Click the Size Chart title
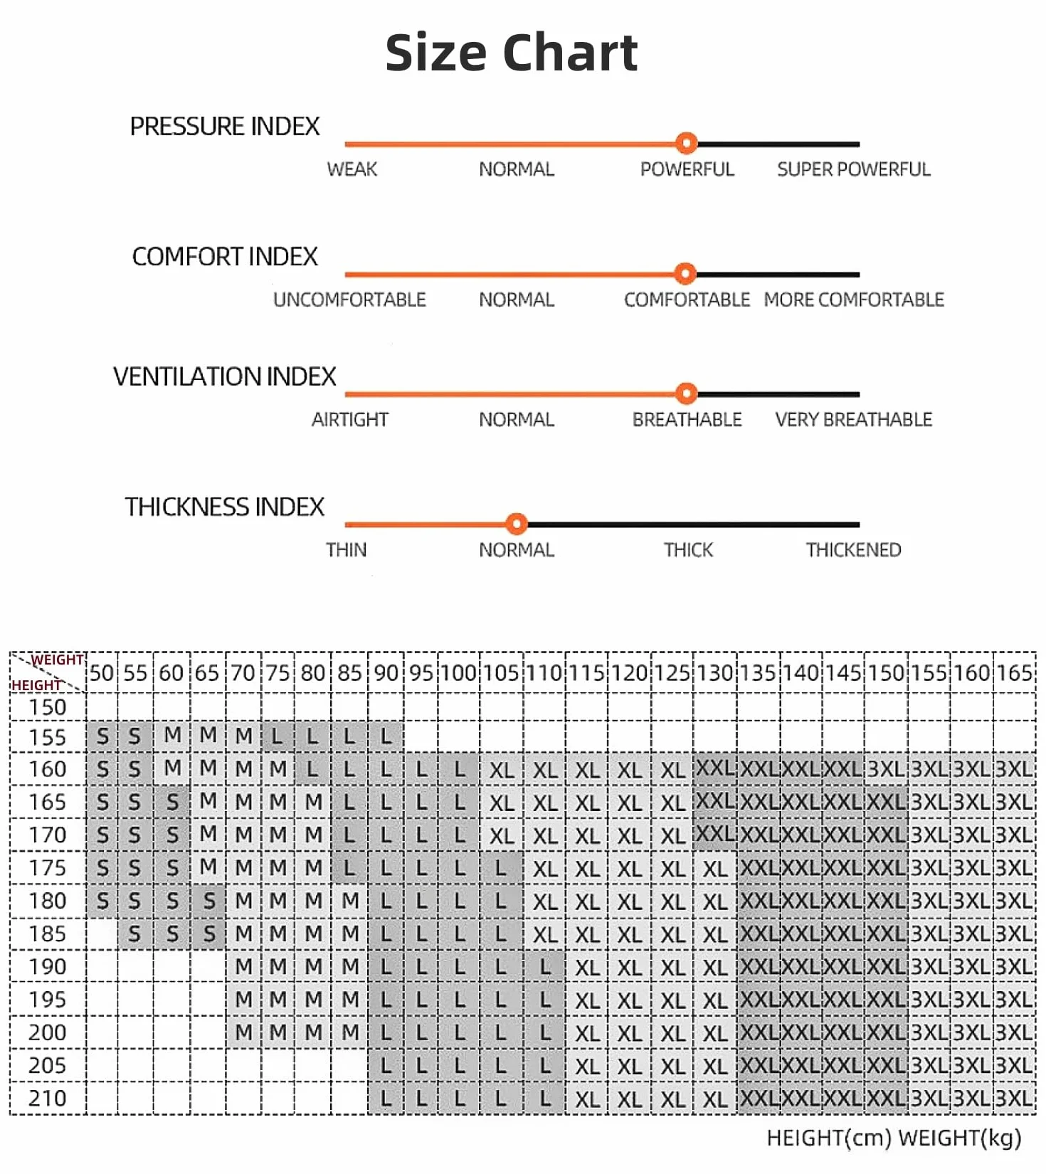pos(511,53)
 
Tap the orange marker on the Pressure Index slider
pos(686,144)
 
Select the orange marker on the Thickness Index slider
pos(517,524)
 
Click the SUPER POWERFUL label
pos(853,169)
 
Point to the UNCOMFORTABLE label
pos(349,300)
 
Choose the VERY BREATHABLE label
pos(853,420)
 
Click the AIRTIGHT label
pos(349,420)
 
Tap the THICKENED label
pos(853,550)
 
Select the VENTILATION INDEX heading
pos(224,376)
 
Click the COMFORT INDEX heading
pos(224,257)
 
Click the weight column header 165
pos(1014,673)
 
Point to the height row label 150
pos(47,707)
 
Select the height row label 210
pos(47,1099)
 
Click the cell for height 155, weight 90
pos(386,736)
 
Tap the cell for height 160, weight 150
pos(886,769)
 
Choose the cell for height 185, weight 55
pos(135,934)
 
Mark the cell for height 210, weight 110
pos(545,1099)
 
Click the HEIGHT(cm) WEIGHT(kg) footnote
pos(894,1138)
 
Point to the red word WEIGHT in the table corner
pos(58,660)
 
